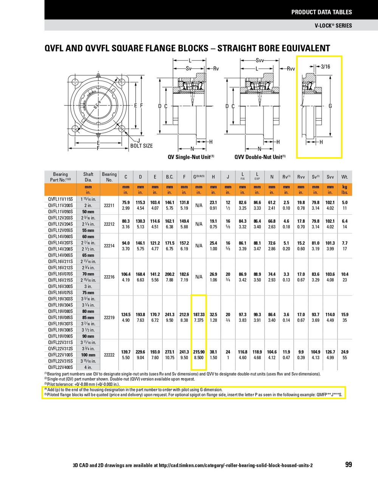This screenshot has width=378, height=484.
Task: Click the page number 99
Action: [x=348, y=464]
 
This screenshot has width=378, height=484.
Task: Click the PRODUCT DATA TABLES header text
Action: [x=321, y=12]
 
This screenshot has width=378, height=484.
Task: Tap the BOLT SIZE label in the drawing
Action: [x=141, y=146]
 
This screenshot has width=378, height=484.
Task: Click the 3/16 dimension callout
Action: [x=325, y=67]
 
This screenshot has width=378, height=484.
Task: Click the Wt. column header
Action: [x=344, y=177]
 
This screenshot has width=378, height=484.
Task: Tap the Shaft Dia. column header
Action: [x=88, y=177]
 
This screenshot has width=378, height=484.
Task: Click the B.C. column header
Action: [x=169, y=177]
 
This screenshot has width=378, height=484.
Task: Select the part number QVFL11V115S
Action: [x=60, y=199]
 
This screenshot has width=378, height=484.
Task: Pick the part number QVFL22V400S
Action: [x=60, y=367]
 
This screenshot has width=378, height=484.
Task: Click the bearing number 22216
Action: [x=109, y=277]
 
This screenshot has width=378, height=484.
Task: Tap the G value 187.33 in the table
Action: [x=199, y=315]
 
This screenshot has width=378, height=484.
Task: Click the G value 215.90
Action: [x=199, y=352]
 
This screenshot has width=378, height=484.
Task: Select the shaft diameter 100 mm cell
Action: [x=88, y=355]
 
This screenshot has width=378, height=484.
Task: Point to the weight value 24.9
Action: [x=344, y=352]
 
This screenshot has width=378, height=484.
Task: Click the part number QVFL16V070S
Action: [x=60, y=274]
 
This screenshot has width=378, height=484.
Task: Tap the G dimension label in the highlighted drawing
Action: [x=330, y=106]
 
